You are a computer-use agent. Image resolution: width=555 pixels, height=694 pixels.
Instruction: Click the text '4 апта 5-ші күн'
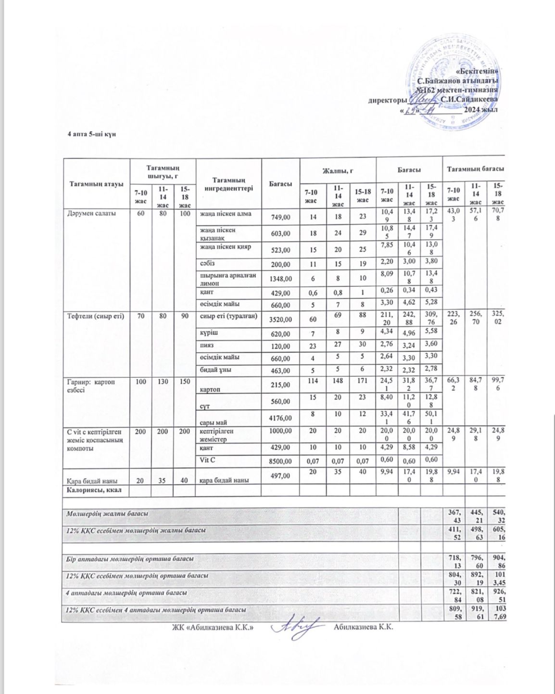coord(91,133)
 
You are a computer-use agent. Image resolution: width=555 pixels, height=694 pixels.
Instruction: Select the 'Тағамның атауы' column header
coord(97,184)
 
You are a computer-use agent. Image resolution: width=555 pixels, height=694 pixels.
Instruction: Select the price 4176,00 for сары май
coord(279,423)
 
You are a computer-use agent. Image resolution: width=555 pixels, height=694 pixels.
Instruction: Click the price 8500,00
coord(279,461)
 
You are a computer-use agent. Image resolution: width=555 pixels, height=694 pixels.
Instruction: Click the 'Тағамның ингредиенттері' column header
coord(228,184)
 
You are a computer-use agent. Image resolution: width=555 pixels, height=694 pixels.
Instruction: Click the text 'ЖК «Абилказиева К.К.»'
coord(213,628)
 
